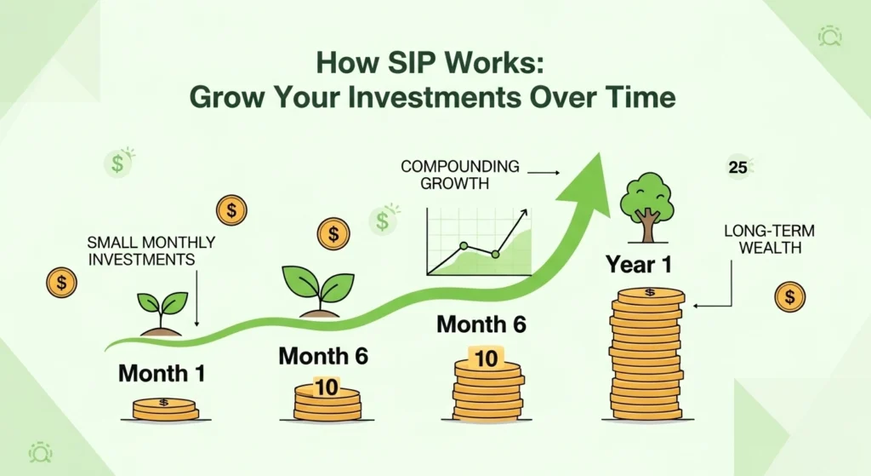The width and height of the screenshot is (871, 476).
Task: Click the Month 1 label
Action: [x=162, y=373]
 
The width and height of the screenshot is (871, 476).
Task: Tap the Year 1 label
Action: [x=639, y=264]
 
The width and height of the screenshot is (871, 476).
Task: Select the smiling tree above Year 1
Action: [x=647, y=208]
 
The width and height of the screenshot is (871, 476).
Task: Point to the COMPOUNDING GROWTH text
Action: [x=460, y=175]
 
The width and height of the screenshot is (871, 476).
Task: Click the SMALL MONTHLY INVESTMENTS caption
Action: [x=151, y=251]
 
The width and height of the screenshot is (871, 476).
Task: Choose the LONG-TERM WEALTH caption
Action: [x=769, y=239]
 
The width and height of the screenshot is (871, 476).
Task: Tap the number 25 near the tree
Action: [x=737, y=168]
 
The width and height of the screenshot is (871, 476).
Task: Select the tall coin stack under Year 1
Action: [x=646, y=353]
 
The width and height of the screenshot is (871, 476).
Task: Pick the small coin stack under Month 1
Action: [x=166, y=409]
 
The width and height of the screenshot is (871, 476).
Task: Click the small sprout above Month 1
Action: [x=162, y=313]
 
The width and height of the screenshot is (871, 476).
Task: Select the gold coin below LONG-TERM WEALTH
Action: [x=789, y=297]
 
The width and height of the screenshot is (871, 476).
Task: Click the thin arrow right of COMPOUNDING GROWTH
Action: [x=544, y=173]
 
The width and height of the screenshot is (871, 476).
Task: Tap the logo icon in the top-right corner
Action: [x=829, y=36]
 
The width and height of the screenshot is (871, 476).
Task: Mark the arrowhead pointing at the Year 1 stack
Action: [x=696, y=306]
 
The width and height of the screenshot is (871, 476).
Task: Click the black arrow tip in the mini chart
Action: [x=524, y=212]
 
